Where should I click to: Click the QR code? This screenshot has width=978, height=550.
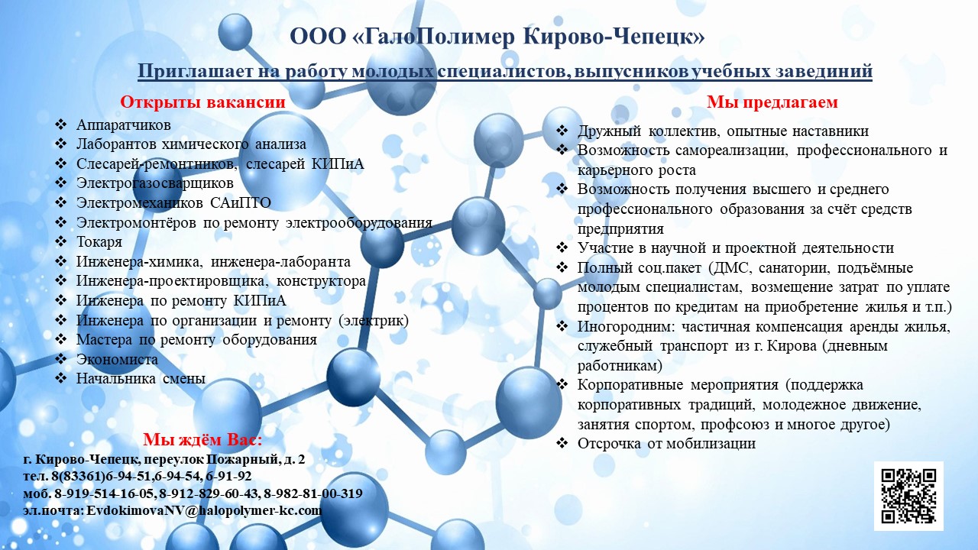[908, 496]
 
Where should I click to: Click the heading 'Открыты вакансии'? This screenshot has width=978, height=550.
[202, 102]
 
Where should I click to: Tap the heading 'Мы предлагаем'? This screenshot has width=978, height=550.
[772, 102]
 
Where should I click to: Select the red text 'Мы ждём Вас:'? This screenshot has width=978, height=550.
[202, 439]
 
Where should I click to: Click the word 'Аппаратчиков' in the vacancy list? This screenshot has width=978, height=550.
[124, 125]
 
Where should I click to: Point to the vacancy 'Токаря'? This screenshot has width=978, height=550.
[99, 242]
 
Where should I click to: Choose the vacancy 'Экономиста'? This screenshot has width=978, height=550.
[117, 359]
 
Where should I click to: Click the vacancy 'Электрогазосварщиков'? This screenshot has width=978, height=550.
[155, 183]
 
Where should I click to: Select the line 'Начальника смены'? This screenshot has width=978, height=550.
[141, 378]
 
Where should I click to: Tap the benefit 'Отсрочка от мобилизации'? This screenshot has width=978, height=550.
[666, 444]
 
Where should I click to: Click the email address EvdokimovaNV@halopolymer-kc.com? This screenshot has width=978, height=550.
[204, 510]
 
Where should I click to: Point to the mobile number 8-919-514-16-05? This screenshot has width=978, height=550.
[104, 493]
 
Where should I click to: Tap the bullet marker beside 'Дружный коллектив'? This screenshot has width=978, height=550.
[562, 131]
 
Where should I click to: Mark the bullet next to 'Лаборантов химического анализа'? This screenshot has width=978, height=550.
[60, 144]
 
